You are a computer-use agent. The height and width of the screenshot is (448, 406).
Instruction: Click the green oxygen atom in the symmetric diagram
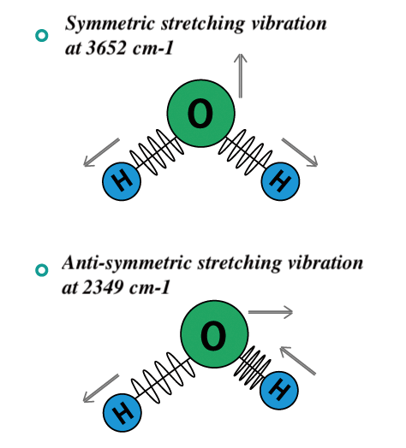[201, 114]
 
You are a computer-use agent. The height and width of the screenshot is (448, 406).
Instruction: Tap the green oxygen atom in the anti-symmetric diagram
[214, 334]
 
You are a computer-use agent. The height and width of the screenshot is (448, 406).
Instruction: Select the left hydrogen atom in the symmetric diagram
[122, 181]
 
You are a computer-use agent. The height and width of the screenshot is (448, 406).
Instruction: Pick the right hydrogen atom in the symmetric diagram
[281, 181]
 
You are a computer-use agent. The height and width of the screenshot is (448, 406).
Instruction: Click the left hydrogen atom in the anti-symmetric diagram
[122, 413]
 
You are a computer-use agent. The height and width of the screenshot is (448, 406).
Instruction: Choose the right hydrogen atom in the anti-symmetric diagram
[279, 390]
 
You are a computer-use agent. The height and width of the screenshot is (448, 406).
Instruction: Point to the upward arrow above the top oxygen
[241, 76]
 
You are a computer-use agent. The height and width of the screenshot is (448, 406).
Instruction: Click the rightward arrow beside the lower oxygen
[271, 312]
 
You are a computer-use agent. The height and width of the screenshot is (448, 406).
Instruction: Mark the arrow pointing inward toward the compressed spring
[297, 360]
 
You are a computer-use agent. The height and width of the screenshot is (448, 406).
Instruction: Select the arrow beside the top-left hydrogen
[101, 152]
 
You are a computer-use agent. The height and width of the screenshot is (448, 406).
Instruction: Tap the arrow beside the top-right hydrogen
[300, 152]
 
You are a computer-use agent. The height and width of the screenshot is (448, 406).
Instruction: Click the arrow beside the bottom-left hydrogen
[101, 388]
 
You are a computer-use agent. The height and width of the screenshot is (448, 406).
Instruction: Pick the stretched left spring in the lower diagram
[164, 378]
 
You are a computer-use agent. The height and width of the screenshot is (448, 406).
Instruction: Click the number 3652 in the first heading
[106, 47]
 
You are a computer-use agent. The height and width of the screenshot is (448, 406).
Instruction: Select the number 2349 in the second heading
[103, 287]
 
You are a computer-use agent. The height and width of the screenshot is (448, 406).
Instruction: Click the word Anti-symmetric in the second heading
[127, 263]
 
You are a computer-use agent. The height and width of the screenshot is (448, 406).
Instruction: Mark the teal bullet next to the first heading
[41, 36]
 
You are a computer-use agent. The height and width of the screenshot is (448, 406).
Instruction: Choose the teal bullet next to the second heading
[41, 270]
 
